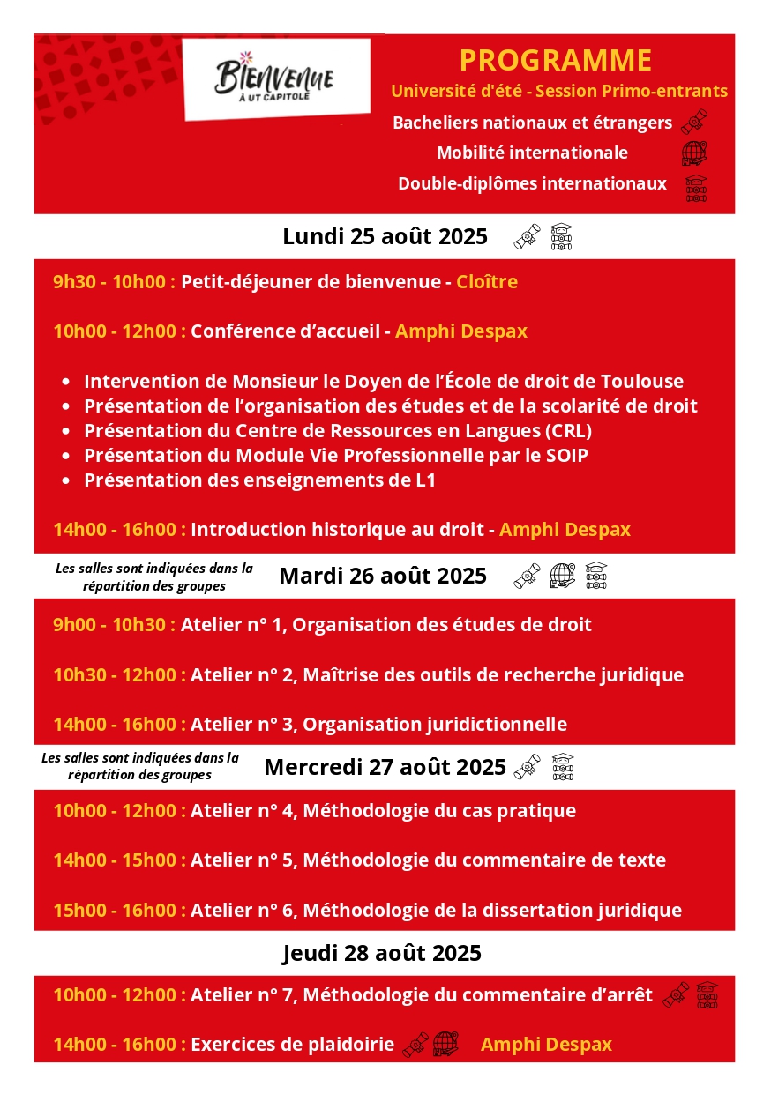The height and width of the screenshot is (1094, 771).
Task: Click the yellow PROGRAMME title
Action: [556, 60]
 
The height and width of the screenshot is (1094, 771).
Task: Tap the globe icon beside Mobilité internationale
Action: [695, 153]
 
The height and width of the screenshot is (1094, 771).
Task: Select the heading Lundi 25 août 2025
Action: [385, 236]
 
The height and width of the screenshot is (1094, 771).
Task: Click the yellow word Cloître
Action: [487, 282]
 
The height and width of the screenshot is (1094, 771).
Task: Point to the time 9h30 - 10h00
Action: [114, 282]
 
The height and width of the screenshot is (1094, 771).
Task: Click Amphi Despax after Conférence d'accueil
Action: [461, 331]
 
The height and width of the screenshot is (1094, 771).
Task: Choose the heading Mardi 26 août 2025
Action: [383, 576]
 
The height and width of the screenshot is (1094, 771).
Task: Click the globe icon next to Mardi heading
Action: [563, 576]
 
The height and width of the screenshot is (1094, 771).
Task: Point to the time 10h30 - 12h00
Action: [119, 675]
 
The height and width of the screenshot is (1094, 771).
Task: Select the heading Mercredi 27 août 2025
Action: [385, 767]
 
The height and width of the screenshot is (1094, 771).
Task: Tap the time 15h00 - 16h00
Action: [119, 911]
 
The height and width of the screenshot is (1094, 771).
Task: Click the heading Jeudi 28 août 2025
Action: [382, 953]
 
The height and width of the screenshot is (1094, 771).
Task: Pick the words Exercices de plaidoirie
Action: [292, 1045]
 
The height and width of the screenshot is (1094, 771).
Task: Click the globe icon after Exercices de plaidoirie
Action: [446, 1045]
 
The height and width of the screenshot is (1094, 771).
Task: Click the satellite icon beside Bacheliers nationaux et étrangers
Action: [694, 121]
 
